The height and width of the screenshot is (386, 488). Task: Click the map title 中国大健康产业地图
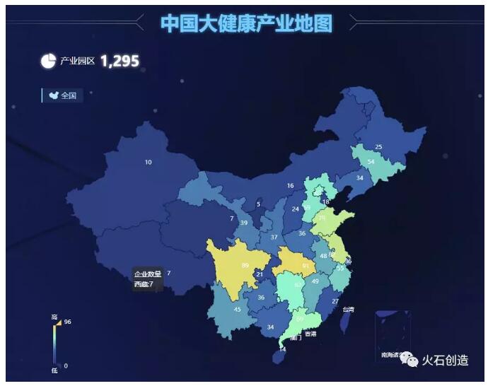(246, 23)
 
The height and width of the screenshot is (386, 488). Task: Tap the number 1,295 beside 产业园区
(120, 62)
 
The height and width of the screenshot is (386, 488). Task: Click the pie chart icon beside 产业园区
(48, 62)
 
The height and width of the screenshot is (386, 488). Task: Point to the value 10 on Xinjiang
(148, 163)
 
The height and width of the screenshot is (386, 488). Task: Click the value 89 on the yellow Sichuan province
(245, 266)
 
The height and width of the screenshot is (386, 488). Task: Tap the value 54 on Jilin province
(371, 162)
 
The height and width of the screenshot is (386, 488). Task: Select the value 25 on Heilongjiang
(378, 147)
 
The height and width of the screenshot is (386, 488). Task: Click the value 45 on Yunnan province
(238, 310)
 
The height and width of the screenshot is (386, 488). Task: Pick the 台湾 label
(348, 310)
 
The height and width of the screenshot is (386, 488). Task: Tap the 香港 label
(310, 334)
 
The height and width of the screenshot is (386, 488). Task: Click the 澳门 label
(296, 338)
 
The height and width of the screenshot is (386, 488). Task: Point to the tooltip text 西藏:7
(144, 284)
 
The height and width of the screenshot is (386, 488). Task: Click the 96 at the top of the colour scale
(68, 322)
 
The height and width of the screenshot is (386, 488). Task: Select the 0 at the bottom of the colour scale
(66, 365)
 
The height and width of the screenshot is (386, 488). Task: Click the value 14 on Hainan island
(283, 349)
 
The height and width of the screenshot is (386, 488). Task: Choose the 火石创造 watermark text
(445, 361)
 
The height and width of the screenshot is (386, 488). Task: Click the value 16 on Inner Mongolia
(290, 186)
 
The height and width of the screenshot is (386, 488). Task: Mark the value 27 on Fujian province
(335, 302)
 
